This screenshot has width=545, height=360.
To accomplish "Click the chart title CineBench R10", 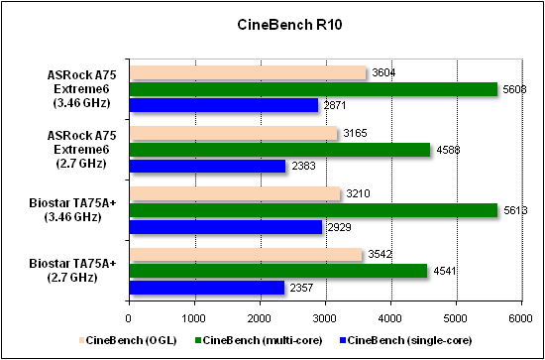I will click(272, 22).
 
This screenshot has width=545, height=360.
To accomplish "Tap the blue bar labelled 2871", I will click(223, 104).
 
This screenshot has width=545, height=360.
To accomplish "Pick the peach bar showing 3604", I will click(247, 72).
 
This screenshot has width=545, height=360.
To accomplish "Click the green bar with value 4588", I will click(278, 150).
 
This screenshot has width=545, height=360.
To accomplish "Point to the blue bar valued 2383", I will click(207, 166).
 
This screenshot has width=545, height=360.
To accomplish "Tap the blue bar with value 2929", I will click(225, 227).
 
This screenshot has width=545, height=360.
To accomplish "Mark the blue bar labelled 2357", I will click(206, 289).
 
